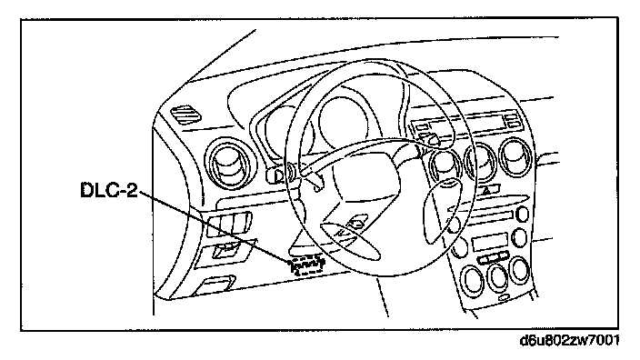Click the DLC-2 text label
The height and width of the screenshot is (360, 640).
tap(109, 190)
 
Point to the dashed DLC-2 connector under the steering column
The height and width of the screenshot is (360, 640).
tap(307, 265)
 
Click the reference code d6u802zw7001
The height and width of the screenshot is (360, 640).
tap(570, 340)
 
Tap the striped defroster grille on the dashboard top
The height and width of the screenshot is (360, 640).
tap(185, 114)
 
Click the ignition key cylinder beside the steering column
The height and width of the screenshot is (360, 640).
tap(282, 174)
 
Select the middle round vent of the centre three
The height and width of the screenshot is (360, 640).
tap(481, 161)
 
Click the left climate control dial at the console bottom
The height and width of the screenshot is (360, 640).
tap(473, 280)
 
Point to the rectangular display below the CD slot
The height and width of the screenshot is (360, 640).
tap(490, 242)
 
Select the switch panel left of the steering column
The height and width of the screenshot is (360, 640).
tap(229, 224)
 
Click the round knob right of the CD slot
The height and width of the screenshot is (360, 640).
tap(522, 215)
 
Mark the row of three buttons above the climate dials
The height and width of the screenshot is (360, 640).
tap(493, 258)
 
